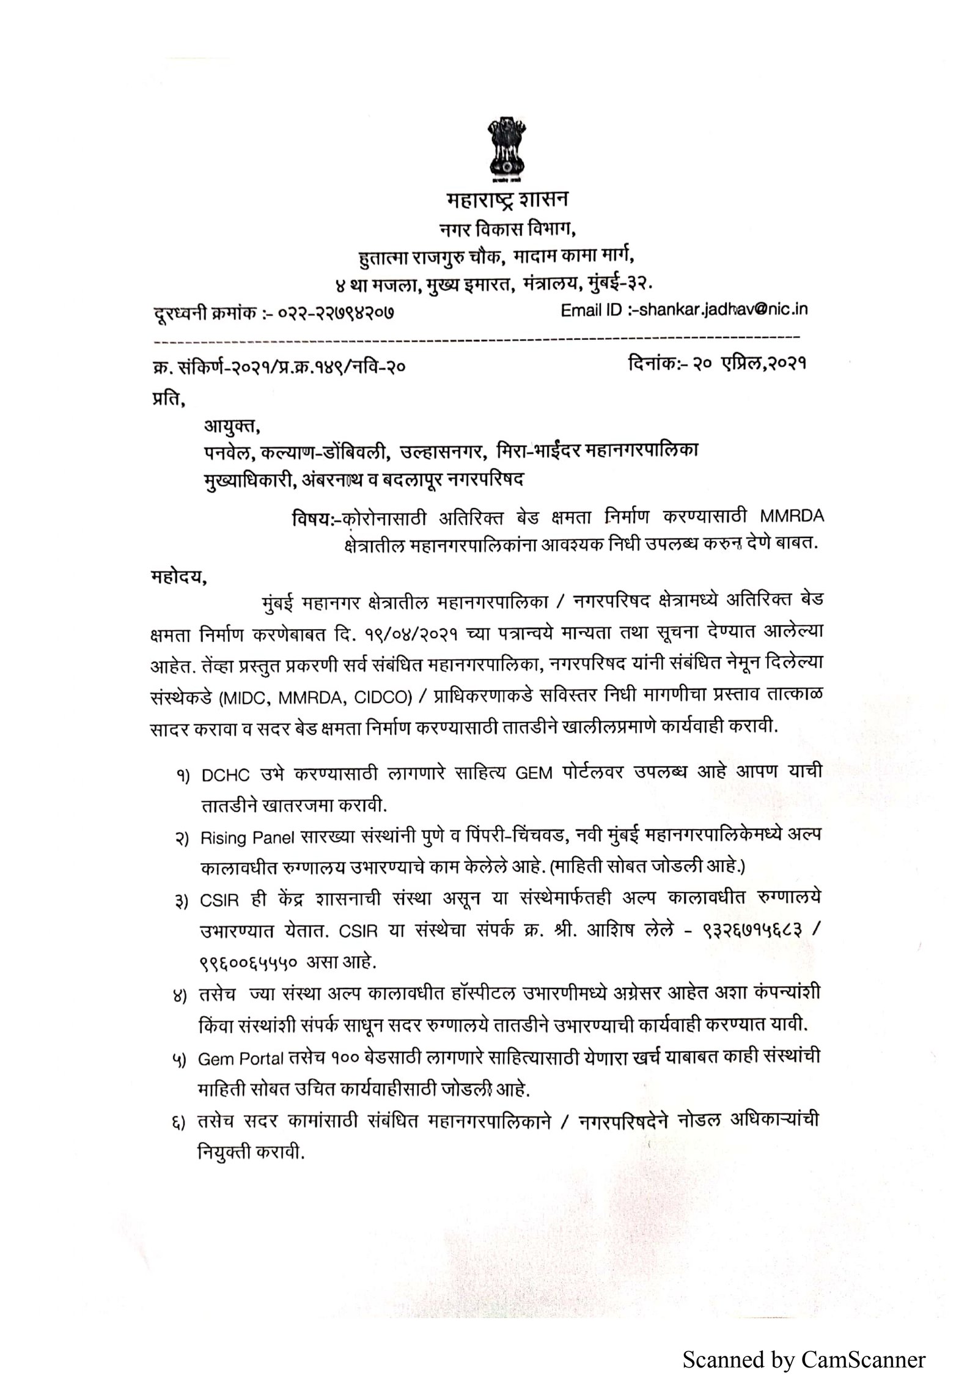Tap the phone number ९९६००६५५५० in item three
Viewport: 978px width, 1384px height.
point(248,964)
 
